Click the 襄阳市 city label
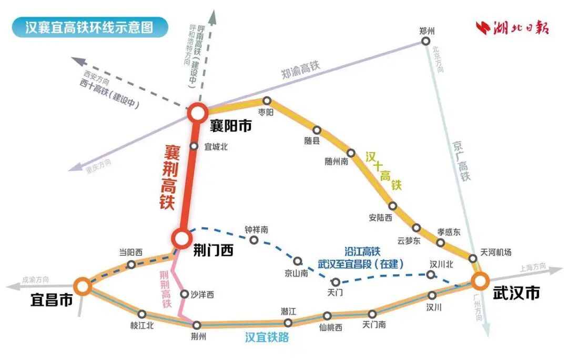pos(230,126)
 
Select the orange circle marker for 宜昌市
pos(82,286)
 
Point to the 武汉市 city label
pos(516,294)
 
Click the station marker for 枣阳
pos(267,101)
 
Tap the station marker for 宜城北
pos(194,146)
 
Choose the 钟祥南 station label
pos(257,230)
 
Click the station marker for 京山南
pos(298,261)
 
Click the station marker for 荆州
pos(197,325)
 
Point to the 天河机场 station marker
pos(473,258)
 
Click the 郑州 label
pos(428,32)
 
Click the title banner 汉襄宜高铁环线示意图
pos(89,27)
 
